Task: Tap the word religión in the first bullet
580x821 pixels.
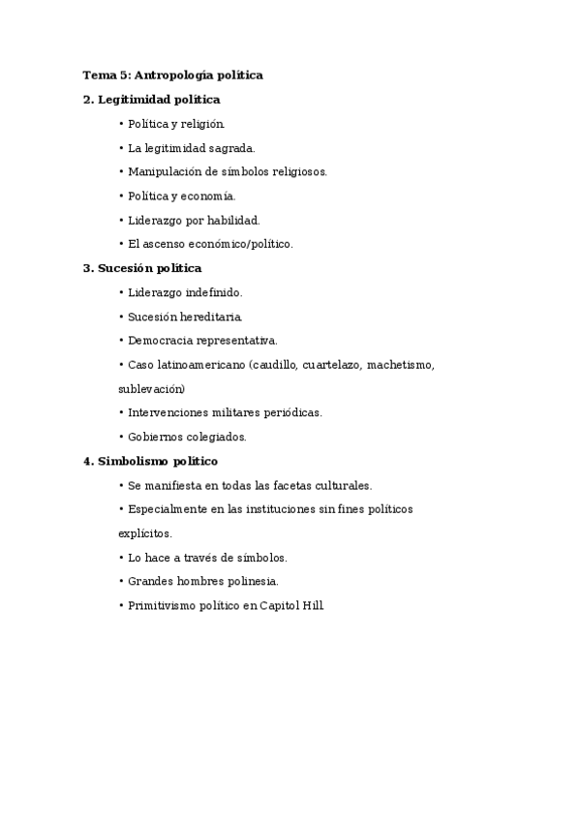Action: [x=202, y=123]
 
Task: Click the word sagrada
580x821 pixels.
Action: [x=229, y=147]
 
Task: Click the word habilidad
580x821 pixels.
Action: [x=231, y=220]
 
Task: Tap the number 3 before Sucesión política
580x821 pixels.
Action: [x=87, y=268]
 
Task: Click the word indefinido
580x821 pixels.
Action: [x=211, y=291]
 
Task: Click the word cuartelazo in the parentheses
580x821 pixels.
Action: [x=330, y=364]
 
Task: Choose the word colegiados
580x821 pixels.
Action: [x=216, y=437]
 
